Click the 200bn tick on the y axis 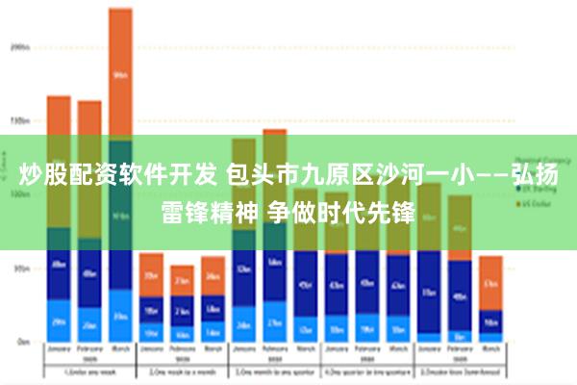20,45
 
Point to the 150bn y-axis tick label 20,121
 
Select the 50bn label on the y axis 20,269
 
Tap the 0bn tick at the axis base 22,342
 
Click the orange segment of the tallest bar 120,72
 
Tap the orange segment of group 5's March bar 490,282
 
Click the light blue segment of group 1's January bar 59,321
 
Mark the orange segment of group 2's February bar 182,280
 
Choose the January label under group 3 244,350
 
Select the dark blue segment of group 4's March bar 397,284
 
